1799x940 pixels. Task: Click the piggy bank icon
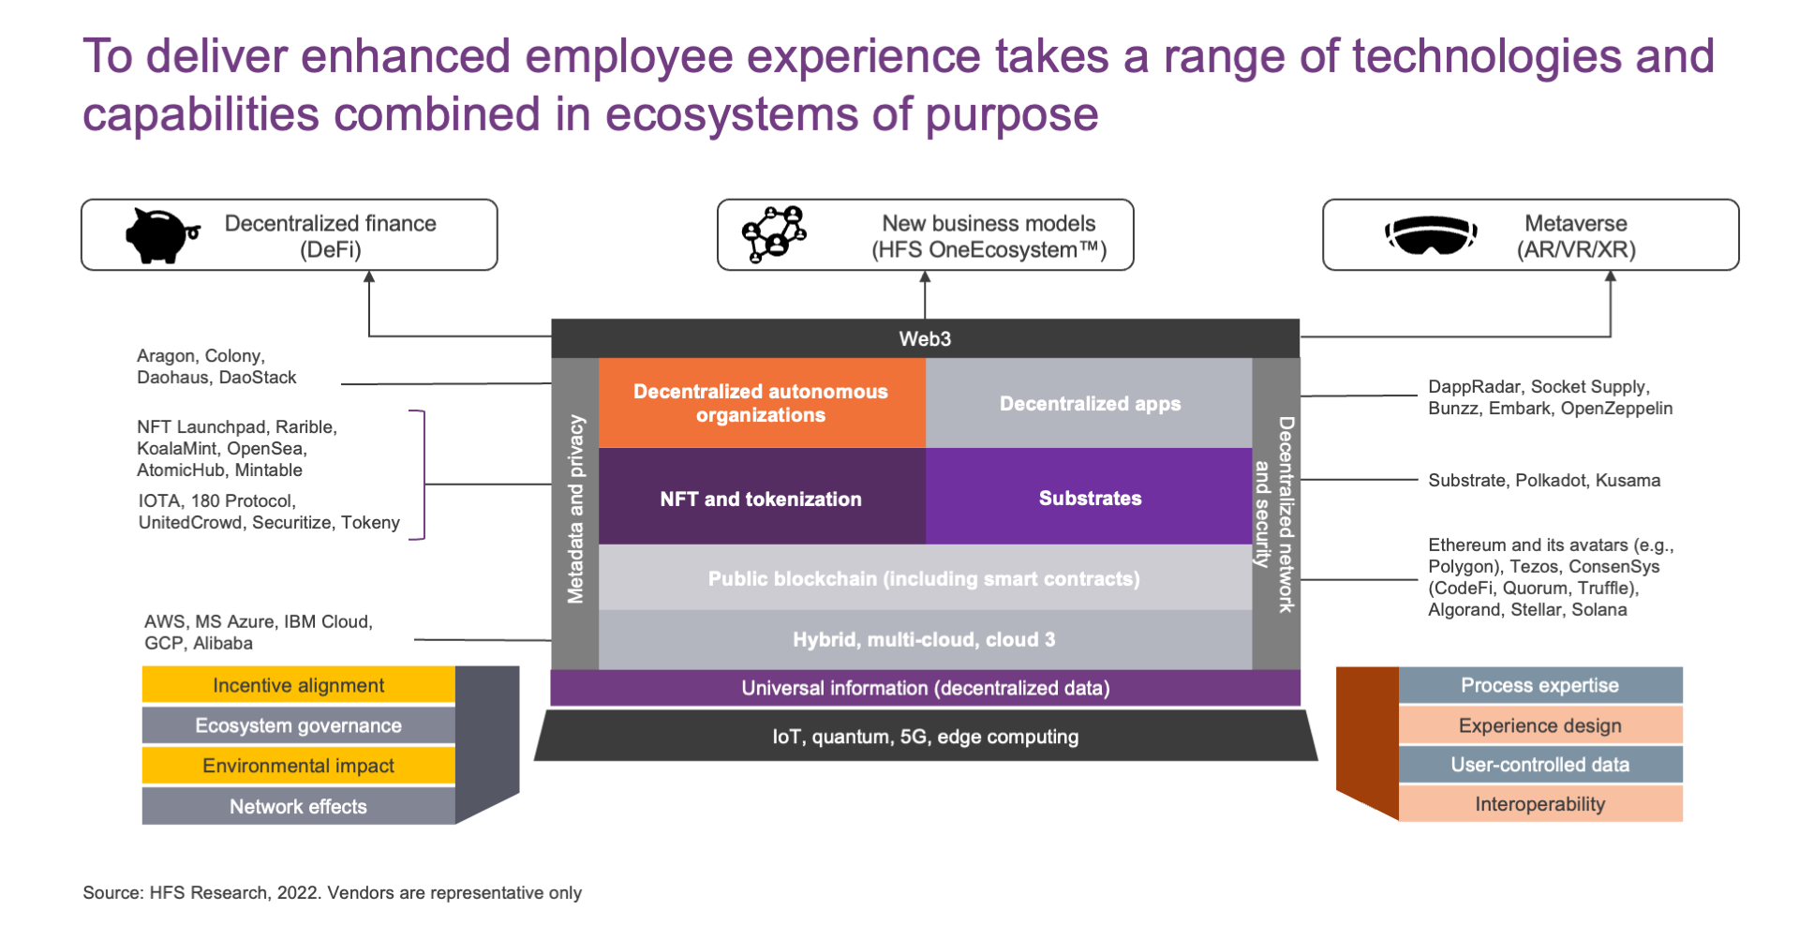[161, 234]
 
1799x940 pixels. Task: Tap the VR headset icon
[1431, 234]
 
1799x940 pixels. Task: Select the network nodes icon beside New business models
[774, 234]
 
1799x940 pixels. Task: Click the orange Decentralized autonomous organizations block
[762, 403]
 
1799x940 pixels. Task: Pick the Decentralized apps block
[1089, 403]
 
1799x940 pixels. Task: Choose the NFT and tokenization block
[762, 497]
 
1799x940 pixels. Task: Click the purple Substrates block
[1089, 497]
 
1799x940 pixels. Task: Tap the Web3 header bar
[925, 338]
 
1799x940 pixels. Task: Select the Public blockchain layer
[925, 577]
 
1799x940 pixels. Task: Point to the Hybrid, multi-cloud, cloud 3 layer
[925, 639]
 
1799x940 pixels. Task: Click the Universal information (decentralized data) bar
[925, 688]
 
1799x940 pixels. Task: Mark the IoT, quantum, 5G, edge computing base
[925, 736]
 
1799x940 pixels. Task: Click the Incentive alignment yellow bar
[299, 685]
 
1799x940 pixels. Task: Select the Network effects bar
[299, 806]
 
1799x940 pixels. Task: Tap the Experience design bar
[1540, 725]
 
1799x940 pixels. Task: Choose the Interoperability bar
[1540, 804]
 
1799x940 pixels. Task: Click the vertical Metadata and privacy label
[575, 510]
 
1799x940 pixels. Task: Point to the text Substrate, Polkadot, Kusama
[1544, 481]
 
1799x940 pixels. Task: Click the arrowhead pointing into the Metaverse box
[1611, 276]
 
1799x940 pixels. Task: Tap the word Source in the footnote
[112, 892]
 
